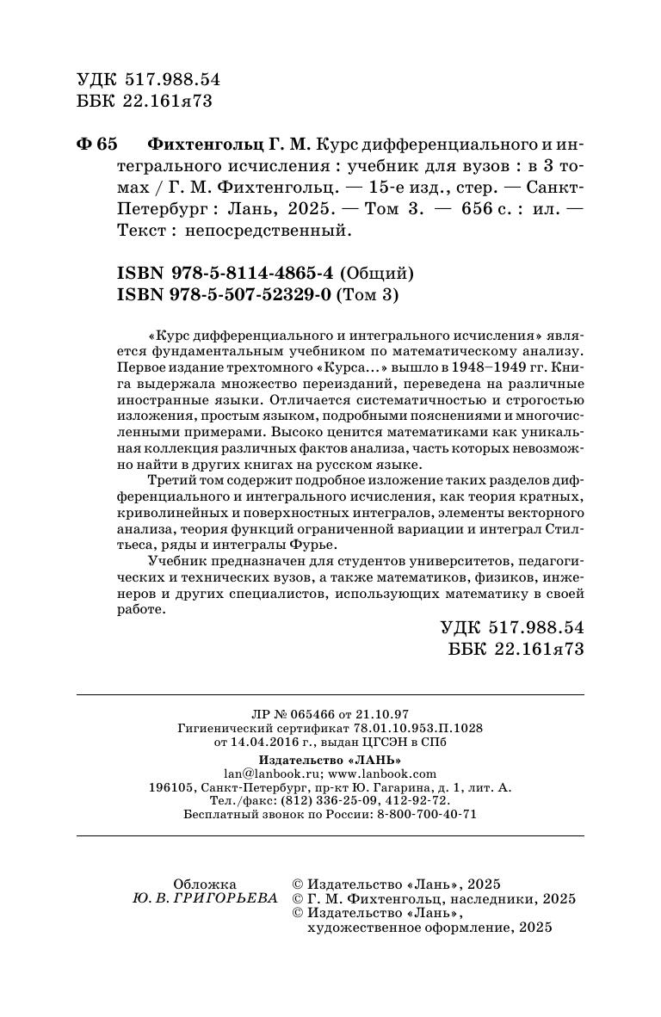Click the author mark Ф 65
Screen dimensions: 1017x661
[96, 143]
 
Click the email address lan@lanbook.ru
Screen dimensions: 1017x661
[263, 774]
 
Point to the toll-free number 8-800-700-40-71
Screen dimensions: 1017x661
[428, 814]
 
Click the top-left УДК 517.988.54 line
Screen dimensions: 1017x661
[149, 79]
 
